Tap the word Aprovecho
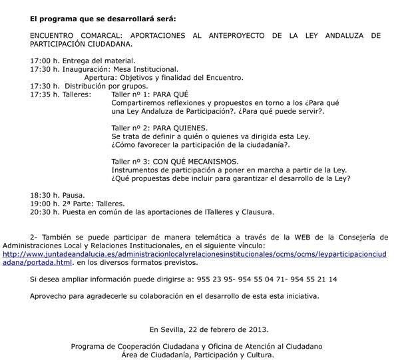click(x=51, y=295)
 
